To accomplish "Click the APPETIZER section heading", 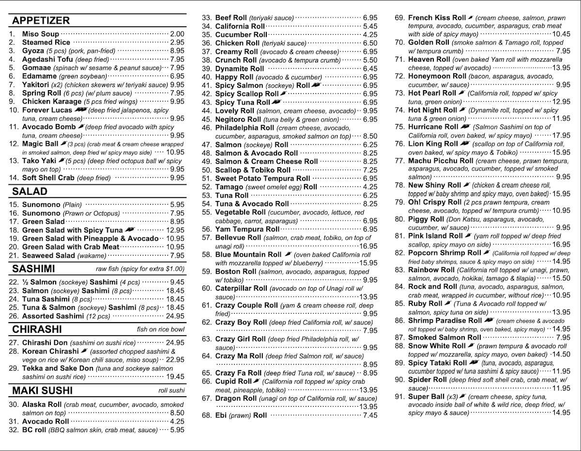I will (x=41, y=20).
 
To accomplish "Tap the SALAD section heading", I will (x=30, y=191).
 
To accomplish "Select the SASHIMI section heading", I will (x=34, y=269).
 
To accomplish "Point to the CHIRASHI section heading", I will (x=37, y=329).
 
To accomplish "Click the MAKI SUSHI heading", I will (x=43, y=390).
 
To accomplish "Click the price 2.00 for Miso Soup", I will (x=177, y=34).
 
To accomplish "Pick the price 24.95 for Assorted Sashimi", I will (x=175, y=316).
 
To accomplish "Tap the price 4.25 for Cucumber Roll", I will (x=370, y=34).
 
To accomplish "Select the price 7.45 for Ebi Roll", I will (x=370, y=415).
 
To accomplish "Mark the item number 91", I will (x=400, y=396).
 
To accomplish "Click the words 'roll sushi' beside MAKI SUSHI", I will (x=171, y=390).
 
